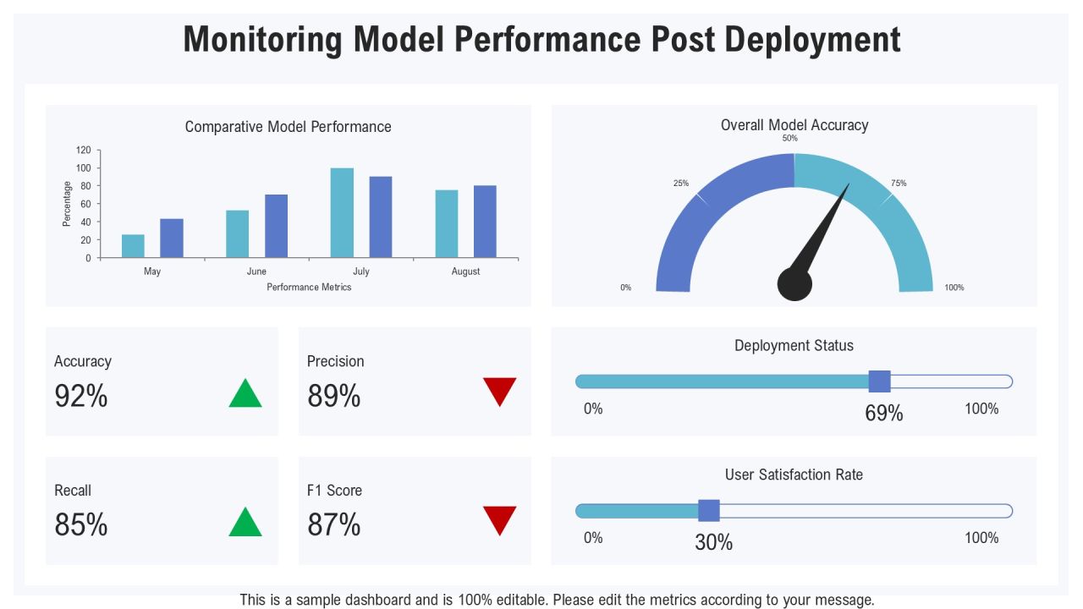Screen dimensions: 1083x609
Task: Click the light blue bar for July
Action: pyautogui.click(x=342, y=212)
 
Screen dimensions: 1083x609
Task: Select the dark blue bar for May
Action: pyautogui.click(x=172, y=238)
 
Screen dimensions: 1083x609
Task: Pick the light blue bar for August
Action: pyautogui.click(x=447, y=223)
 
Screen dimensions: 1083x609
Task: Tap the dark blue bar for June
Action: pyautogui.click(x=276, y=226)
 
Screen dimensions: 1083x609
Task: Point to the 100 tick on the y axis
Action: pyautogui.click(x=83, y=168)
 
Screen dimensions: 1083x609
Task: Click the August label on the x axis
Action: pyautogui.click(x=465, y=272)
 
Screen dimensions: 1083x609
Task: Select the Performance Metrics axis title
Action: pyautogui.click(x=309, y=287)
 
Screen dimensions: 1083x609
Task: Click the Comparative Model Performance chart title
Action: pyautogui.click(x=289, y=127)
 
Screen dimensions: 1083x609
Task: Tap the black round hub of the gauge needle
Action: pyautogui.click(x=794, y=284)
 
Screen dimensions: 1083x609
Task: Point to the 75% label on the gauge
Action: pyautogui.click(x=899, y=184)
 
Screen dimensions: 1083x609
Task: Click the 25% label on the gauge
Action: pyautogui.click(x=681, y=184)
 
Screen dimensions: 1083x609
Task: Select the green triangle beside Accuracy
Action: pyautogui.click(x=245, y=392)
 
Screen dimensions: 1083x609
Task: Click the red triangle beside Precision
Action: pyautogui.click(x=499, y=392)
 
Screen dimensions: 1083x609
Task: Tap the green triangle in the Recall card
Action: pyautogui.click(x=245, y=522)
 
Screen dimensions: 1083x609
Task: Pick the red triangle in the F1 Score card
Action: pyautogui.click(x=499, y=520)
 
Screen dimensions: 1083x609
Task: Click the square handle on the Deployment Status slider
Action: pyautogui.click(x=879, y=381)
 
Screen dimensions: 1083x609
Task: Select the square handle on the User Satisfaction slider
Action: pyautogui.click(x=709, y=510)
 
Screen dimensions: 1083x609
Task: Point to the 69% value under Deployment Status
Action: pyautogui.click(x=884, y=414)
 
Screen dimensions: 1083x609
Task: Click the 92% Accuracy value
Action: pyautogui.click(x=80, y=396)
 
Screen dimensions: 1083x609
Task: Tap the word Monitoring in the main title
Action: pyautogui.click(x=262, y=40)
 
